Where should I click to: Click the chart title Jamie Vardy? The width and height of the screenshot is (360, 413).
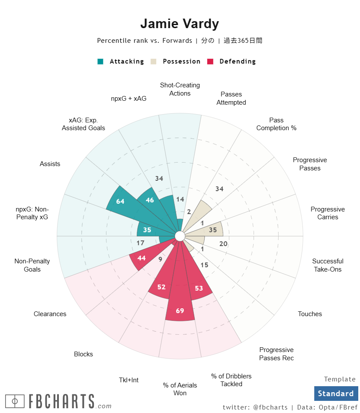click(180, 24)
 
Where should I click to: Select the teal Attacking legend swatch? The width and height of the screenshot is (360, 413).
click(100, 61)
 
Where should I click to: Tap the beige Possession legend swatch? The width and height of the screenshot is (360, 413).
click(153, 61)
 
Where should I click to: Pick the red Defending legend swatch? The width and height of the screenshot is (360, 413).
click(210, 61)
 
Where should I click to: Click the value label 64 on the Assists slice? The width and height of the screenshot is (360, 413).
click(120, 202)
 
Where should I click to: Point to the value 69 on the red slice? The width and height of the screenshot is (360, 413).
click(180, 311)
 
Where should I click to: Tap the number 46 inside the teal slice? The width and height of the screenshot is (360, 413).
click(150, 200)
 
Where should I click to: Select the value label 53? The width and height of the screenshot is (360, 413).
click(199, 288)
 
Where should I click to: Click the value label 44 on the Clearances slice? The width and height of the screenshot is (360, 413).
click(141, 258)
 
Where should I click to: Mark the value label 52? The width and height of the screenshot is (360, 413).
click(161, 287)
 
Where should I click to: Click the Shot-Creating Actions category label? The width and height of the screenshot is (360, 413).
click(180, 89)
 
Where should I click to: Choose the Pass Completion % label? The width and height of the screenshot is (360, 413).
click(276, 124)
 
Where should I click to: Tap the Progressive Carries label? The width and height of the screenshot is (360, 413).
click(328, 213)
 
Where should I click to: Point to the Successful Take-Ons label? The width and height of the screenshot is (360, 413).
click(328, 265)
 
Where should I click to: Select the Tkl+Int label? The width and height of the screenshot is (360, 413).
click(129, 380)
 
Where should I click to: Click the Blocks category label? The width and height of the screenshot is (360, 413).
click(84, 354)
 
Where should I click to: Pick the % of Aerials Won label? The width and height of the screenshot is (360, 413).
click(180, 389)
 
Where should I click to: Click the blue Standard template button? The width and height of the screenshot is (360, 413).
click(336, 394)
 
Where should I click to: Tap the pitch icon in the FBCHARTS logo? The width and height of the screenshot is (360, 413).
click(15, 401)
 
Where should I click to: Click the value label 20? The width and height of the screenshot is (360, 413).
click(223, 244)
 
